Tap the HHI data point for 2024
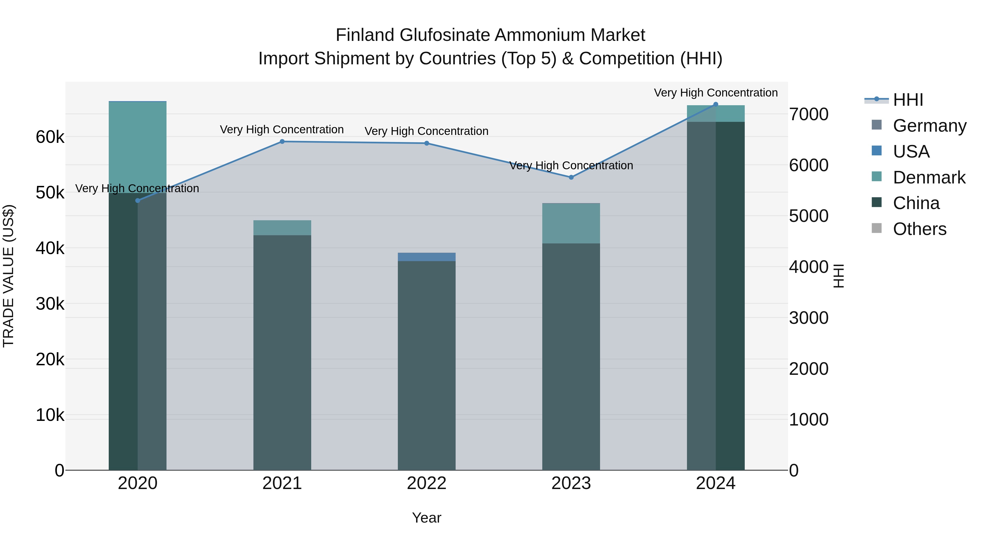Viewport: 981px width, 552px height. pyautogui.click(x=716, y=104)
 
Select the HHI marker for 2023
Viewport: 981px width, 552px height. pyautogui.click(x=571, y=177)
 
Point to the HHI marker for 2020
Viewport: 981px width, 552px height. pyautogui.click(x=138, y=201)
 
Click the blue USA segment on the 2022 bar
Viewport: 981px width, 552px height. pyautogui.click(x=426, y=257)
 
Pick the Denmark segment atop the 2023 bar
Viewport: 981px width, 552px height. pyautogui.click(x=571, y=224)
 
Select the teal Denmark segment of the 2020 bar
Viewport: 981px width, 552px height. pyautogui.click(x=138, y=147)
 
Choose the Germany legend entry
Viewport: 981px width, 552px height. pyautogui.click(x=929, y=126)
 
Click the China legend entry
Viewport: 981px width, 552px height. pyautogui.click(x=916, y=203)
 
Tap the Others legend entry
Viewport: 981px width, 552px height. pyautogui.click(x=919, y=229)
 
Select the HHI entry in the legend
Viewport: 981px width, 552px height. pyautogui.click(x=908, y=100)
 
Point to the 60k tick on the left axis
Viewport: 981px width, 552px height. pyautogui.click(x=50, y=137)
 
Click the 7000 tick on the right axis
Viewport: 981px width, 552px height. pyautogui.click(x=808, y=114)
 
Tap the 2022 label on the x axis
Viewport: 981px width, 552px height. pyautogui.click(x=426, y=483)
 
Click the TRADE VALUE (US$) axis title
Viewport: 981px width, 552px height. pyautogui.click(x=8, y=276)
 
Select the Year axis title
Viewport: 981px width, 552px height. pyautogui.click(x=426, y=518)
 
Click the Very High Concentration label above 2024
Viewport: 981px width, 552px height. pyautogui.click(x=716, y=93)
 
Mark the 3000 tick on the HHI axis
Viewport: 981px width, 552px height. pyautogui.click(x=808, y=318)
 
